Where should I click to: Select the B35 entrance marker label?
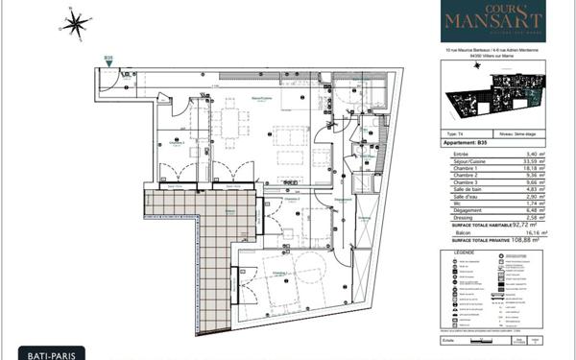click(109, 59)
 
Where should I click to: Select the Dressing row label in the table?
click(462, 218)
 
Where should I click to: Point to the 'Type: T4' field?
click(458, 134)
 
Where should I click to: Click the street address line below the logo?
click(493, 51)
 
